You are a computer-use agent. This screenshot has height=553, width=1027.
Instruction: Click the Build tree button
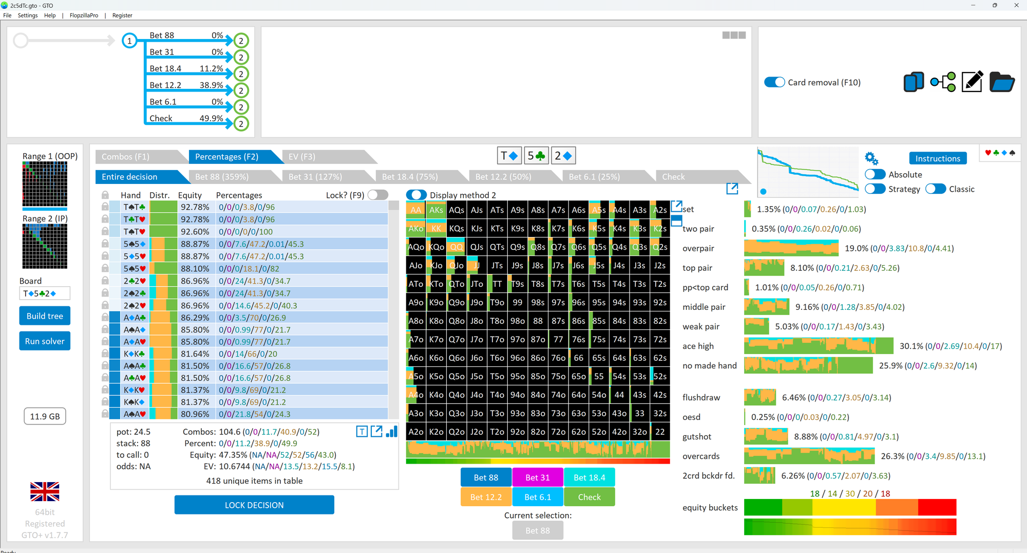point(45,316)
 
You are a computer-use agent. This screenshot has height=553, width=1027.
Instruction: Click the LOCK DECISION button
point(254,505)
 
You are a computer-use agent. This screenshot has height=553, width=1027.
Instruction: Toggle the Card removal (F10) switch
point(774,82)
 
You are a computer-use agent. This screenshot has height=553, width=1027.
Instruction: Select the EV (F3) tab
point(302,157)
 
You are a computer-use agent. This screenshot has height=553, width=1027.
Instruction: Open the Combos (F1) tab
point(125,157)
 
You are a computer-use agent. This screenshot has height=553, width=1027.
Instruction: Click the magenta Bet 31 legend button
point(538,477)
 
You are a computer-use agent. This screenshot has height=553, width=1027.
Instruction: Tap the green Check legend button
point(589,497)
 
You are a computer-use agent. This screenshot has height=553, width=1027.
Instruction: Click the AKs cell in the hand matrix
point(436,210)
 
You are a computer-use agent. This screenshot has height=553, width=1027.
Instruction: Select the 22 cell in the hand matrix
point(660,432)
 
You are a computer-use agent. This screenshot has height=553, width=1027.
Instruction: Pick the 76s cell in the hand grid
point(579,339)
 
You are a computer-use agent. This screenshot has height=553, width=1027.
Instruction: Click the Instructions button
point(938,158)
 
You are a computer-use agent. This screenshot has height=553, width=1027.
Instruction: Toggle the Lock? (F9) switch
point(378,195)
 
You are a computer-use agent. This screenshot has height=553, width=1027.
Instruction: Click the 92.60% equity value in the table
point(195,232)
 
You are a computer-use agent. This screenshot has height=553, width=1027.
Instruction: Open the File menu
point(7,15)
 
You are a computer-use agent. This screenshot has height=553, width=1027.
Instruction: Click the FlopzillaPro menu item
point(84,15)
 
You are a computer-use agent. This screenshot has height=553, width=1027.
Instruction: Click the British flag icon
point(45,491)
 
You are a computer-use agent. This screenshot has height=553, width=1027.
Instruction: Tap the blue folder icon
point(1002,82)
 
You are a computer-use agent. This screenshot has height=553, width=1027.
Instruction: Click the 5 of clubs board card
point(537,156)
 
